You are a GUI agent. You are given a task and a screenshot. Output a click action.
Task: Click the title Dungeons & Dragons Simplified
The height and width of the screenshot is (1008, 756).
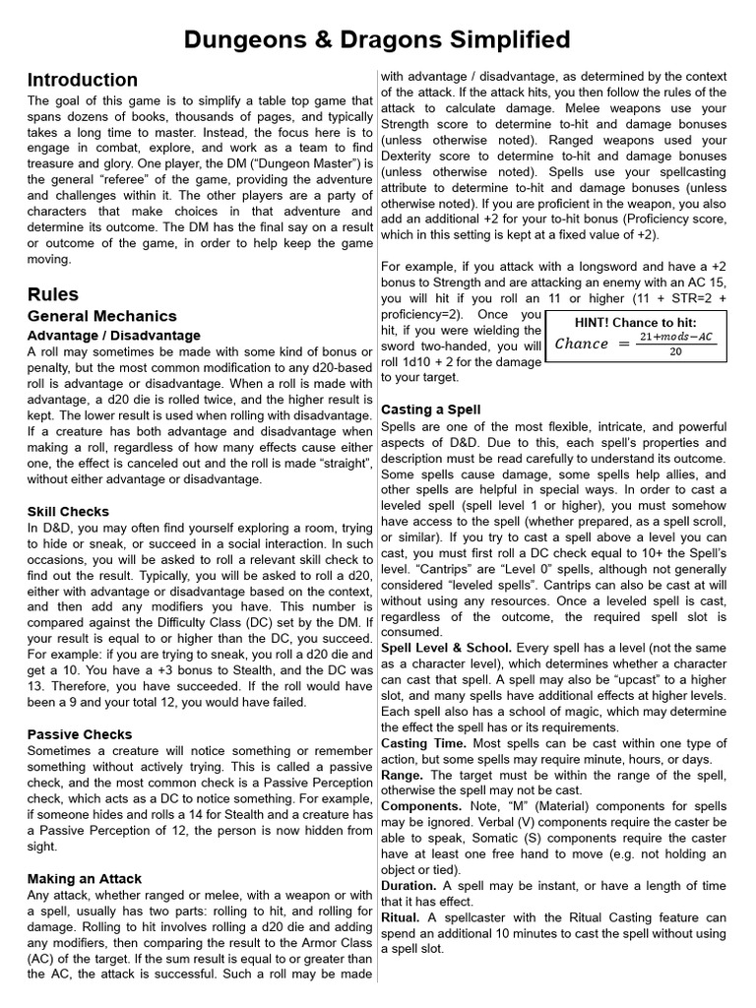378,39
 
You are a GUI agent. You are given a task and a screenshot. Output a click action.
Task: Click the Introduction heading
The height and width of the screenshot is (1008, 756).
83,80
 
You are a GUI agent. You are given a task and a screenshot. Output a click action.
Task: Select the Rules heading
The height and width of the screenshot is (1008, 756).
53,293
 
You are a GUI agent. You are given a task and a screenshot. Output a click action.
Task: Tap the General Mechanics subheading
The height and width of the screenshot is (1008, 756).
102,316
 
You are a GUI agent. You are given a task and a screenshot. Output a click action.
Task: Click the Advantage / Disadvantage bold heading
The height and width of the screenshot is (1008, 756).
113,336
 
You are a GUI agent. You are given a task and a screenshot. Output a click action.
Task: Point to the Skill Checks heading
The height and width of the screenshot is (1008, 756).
68,512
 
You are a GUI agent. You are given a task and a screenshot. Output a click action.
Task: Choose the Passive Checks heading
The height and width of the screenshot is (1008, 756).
80,734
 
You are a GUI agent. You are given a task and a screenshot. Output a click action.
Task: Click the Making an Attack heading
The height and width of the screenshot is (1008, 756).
85,878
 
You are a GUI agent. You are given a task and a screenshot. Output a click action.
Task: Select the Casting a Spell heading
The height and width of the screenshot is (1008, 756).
430,409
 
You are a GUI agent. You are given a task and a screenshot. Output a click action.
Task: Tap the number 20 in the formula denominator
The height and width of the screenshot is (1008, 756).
675,352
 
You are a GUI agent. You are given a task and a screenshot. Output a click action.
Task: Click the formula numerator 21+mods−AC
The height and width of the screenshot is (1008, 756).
675,336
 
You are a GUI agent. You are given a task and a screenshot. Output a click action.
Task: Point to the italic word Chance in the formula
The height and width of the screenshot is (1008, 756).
582,344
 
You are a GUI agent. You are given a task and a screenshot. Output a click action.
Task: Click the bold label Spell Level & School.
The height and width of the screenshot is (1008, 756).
446,648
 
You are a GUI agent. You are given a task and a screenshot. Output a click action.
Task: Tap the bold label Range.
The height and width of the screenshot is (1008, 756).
402,775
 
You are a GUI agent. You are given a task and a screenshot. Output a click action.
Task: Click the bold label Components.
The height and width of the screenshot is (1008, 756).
421,805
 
